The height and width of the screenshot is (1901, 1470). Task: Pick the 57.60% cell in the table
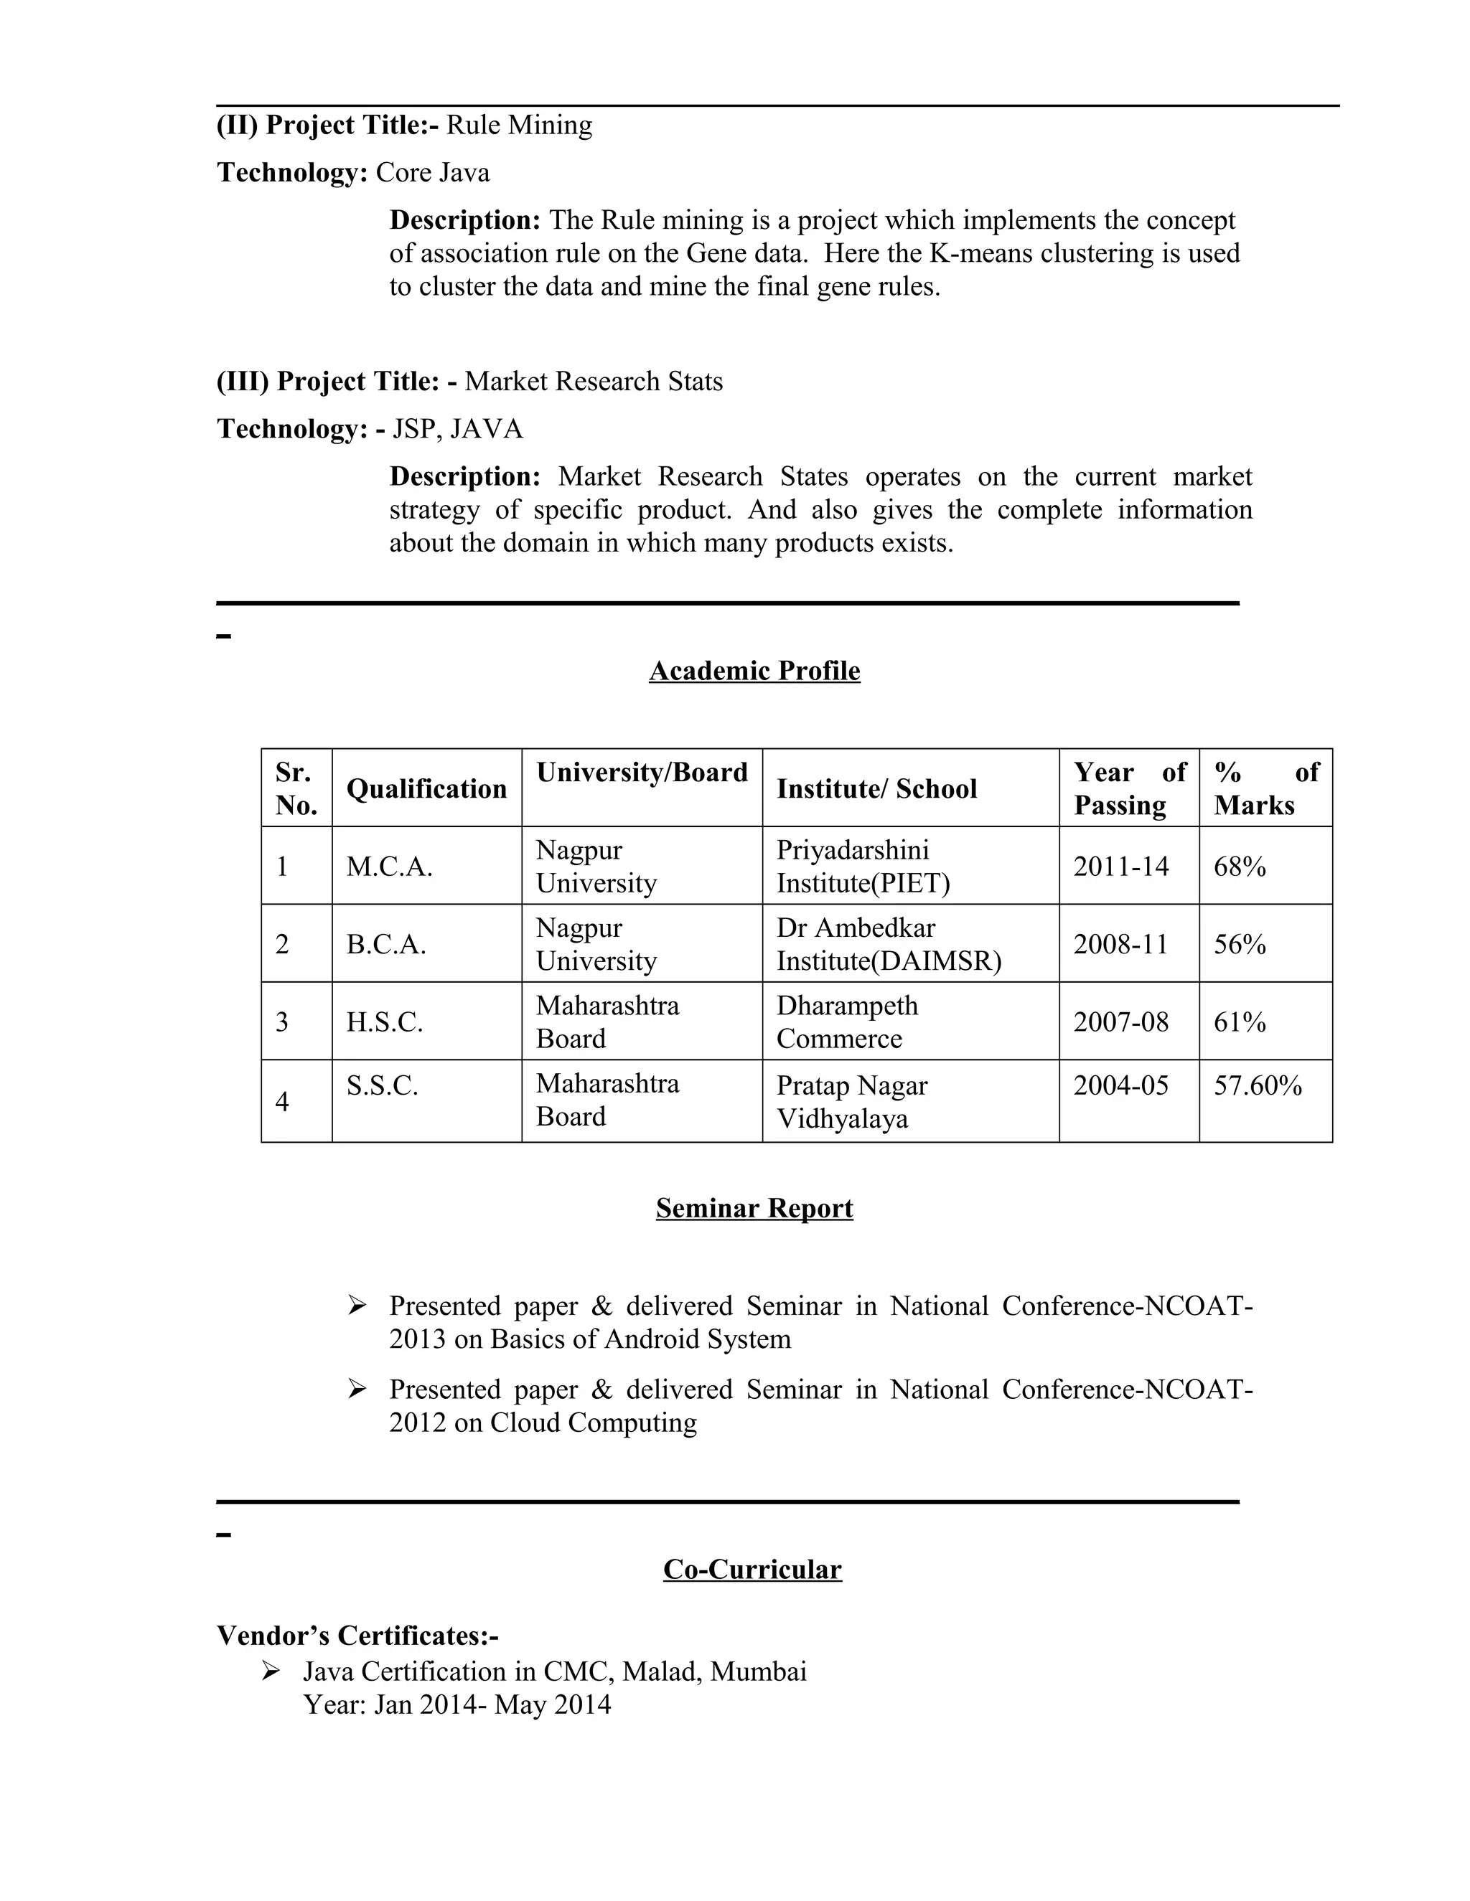(1258, 1085)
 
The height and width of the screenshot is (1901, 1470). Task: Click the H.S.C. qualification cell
(384, 1021)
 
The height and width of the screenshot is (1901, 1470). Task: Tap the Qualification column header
(426, 788)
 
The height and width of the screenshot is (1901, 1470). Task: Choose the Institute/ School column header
(876, 788)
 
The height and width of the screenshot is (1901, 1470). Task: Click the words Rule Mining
(519, 126)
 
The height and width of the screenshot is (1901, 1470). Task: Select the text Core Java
(432, 172)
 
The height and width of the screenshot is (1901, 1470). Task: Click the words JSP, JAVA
(457, 429)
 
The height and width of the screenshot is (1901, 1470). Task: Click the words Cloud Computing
(593, 1423)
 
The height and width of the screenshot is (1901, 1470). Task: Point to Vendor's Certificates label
(357, 1636)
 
